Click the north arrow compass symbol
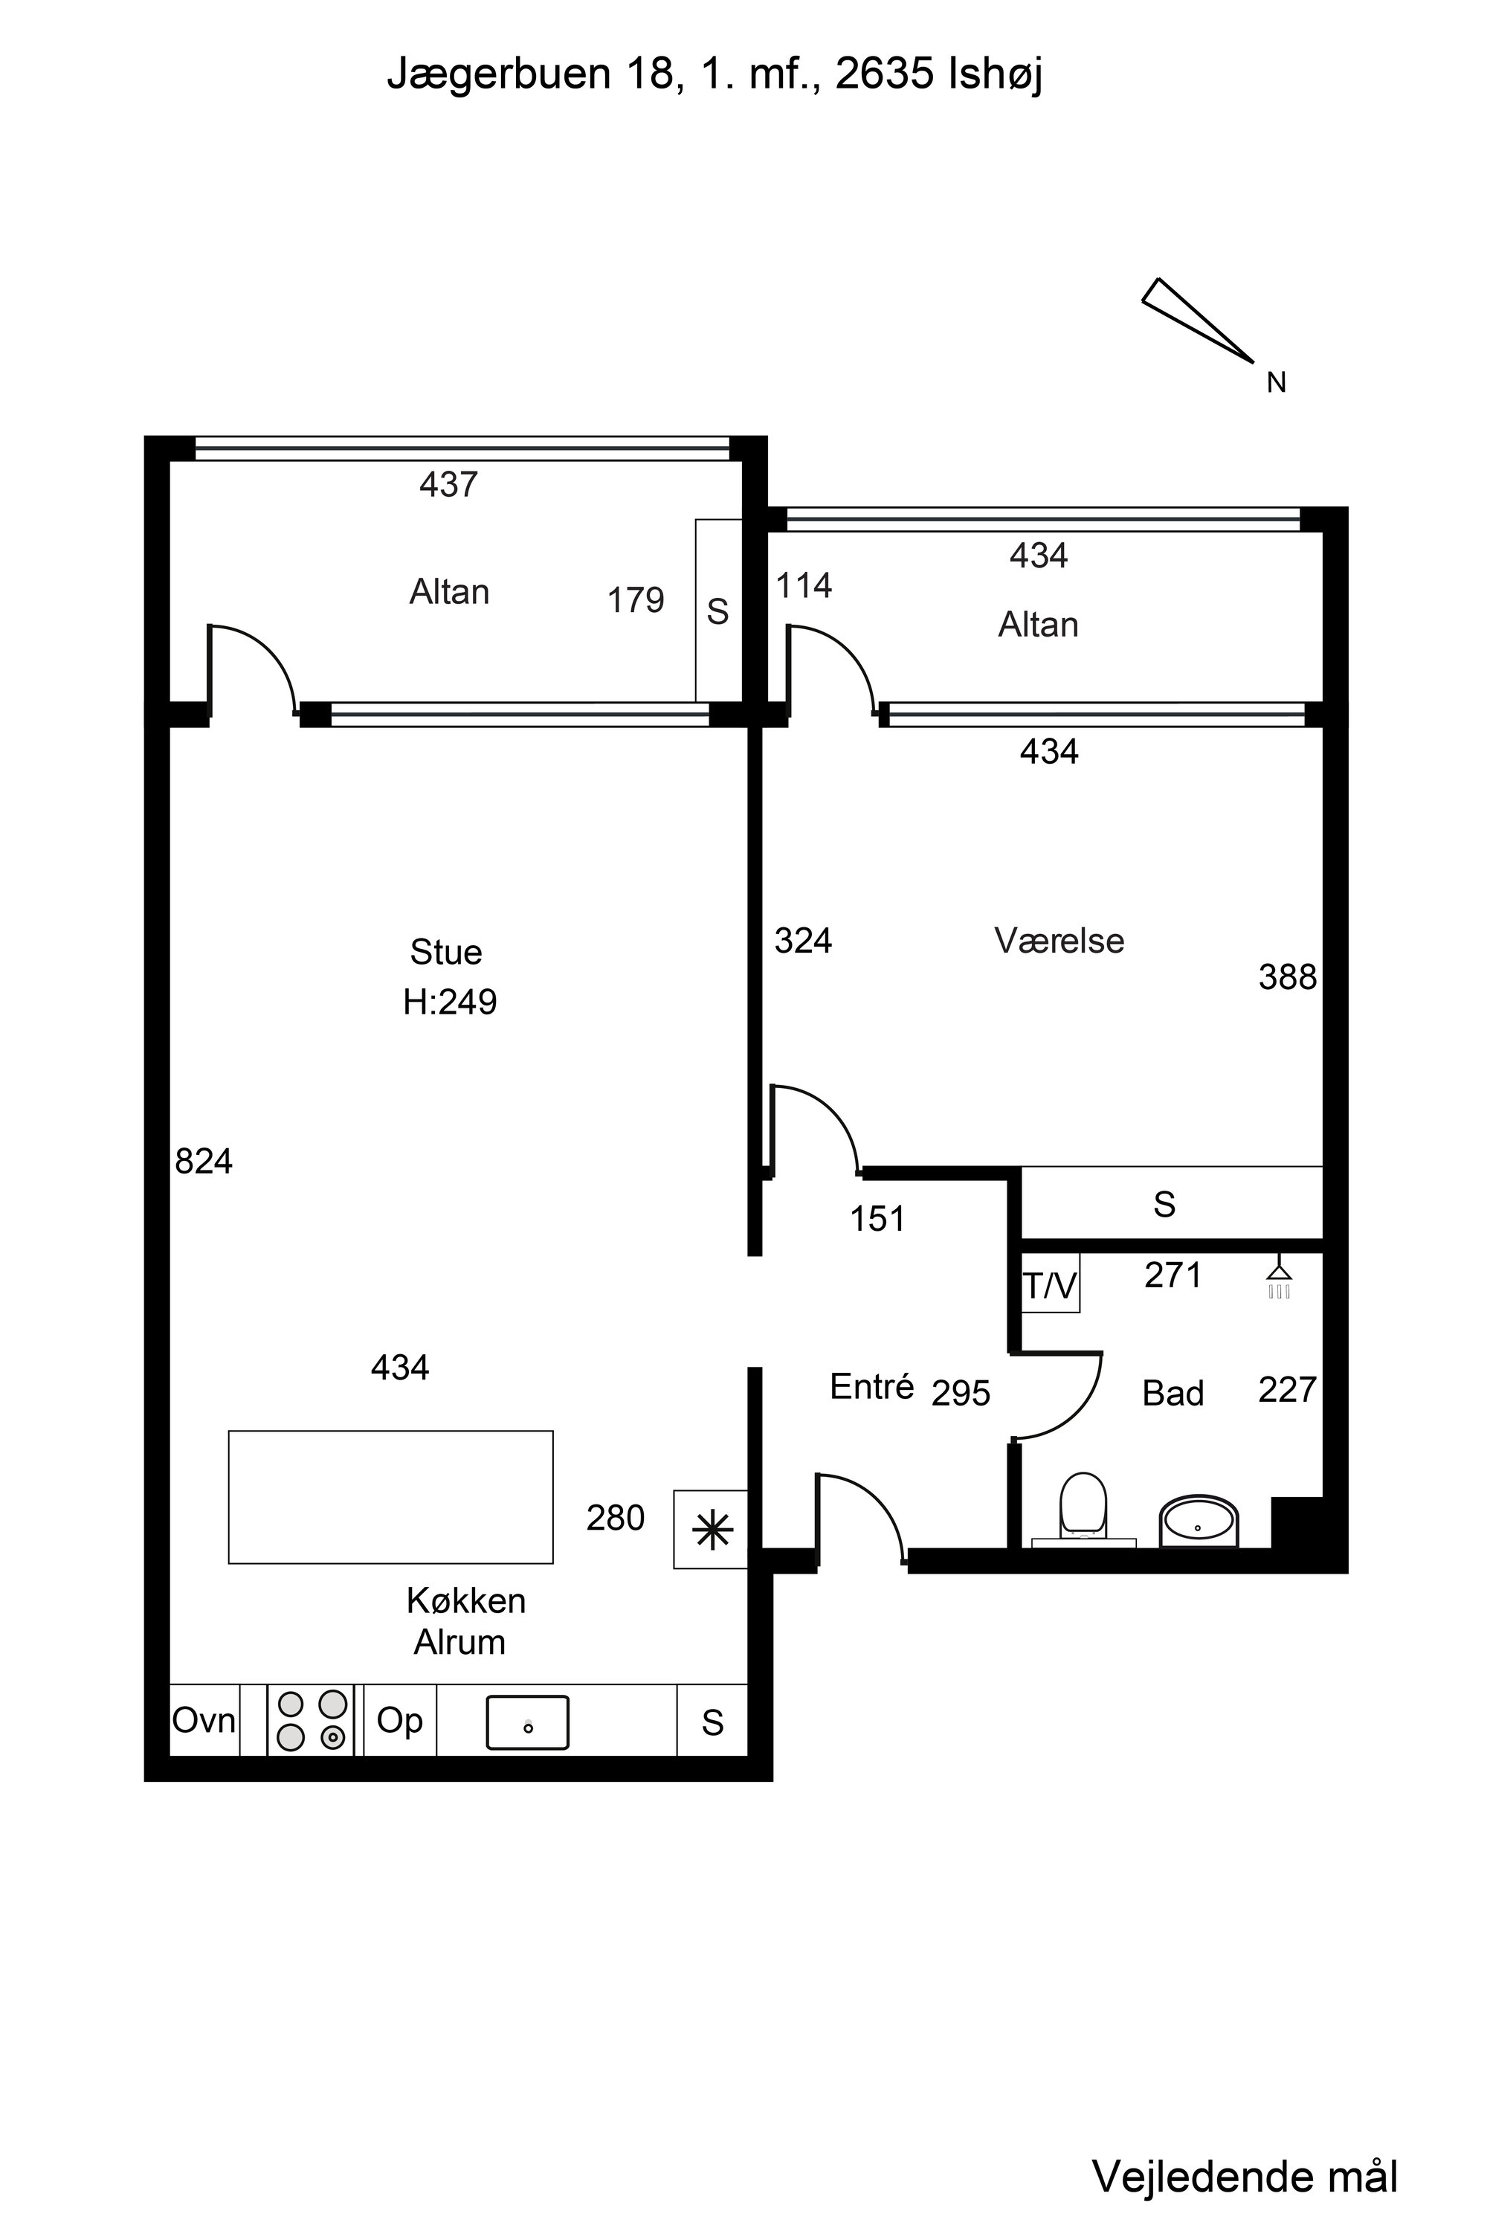click(x=1198, y=320)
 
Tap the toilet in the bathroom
click(x=1083, y=1509)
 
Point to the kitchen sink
click(x=527, y=1722)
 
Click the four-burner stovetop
click(x=311, y=1719)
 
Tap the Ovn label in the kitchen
click(x=204, y=1719)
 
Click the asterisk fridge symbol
click(x=712, y=1530)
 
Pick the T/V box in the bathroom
click(x=1050, y=1285)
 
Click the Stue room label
click(x=445, y=951)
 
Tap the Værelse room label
click(x=1059, y=940)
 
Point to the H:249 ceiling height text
click(x=450, y=1002)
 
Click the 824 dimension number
click(x=204, y=1161)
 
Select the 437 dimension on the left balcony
click(x=448, y=485)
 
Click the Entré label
click(x=871, y=1387)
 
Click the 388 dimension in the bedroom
click(x=1288, y=977)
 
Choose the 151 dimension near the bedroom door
click(x=877, y=1219)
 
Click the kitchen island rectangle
click(x=391, y=1497)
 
